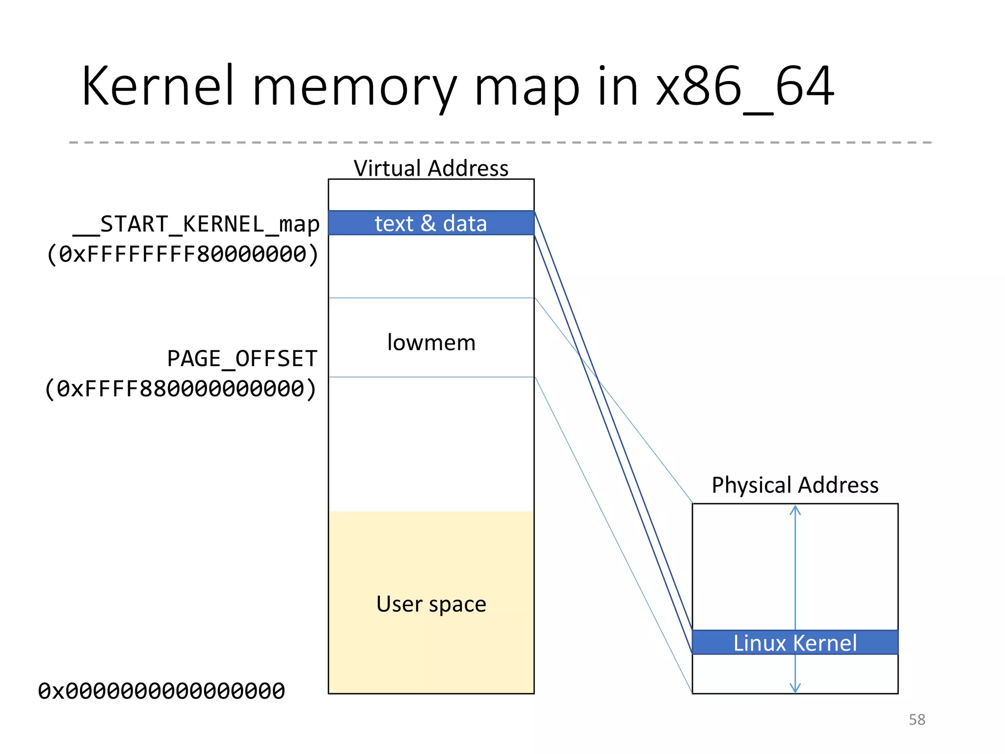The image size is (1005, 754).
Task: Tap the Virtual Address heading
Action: pos(431,168)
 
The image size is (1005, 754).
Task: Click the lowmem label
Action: pos(431,342)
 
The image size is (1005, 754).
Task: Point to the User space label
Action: pos(431,604)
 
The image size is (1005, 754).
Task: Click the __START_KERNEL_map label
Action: pos(196,224)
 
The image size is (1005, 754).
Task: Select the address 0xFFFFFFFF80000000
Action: pos(183,254)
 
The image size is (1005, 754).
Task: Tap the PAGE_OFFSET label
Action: pos(242,359)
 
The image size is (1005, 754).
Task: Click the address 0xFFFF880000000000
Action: pos(181,389)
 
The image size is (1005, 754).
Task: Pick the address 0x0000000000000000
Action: pos(161,691)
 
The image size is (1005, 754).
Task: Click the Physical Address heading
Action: pos(795,485)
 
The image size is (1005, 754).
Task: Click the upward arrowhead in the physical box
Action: pos(795,511)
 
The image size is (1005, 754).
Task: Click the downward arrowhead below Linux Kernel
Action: pos(795,688)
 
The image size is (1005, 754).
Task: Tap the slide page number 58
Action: pos(917,720)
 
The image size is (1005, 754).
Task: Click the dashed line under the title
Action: pos(501,142)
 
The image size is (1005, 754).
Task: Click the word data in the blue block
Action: pos(465,223)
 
